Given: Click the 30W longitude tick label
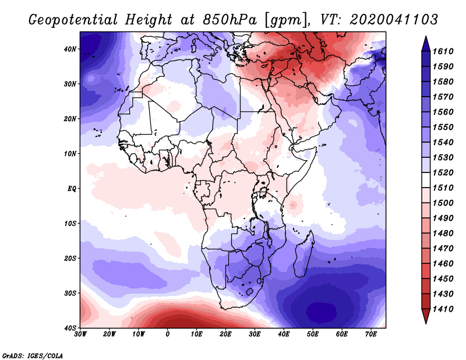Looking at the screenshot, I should click(80, 334).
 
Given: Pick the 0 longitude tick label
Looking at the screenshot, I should click(168, 334).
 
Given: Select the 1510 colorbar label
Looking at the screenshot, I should click(446, 188).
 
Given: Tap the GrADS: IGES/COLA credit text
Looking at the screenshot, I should click(33, 355).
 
